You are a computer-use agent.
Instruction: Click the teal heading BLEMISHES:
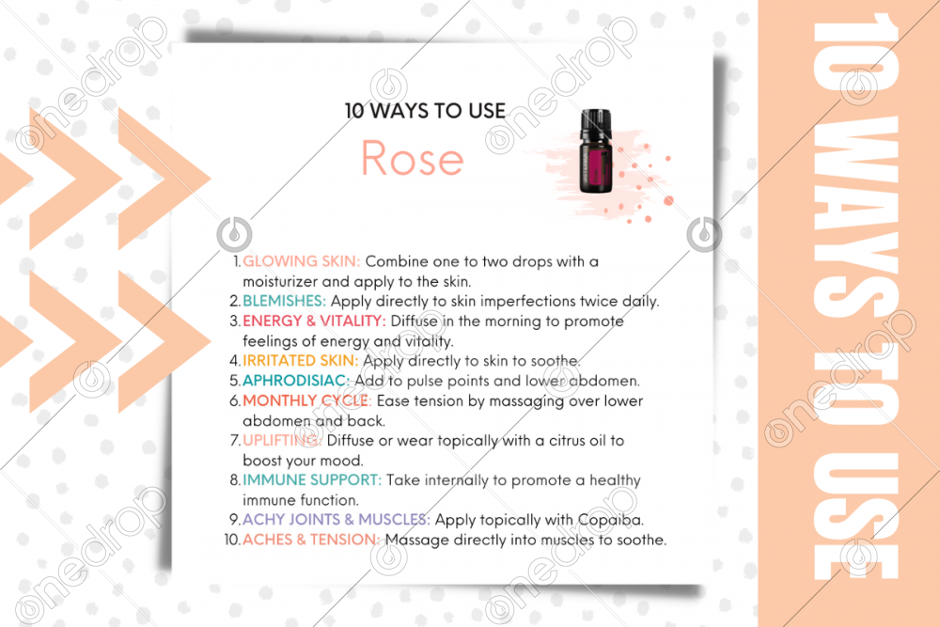point(285,302)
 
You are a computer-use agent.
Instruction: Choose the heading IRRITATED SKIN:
point(301,361)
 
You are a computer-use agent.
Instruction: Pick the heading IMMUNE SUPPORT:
point(312,480)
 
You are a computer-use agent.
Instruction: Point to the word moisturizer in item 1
point(283,281)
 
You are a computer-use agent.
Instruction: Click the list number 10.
point(231,540)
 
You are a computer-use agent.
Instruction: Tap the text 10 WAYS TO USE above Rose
point(425,110)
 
